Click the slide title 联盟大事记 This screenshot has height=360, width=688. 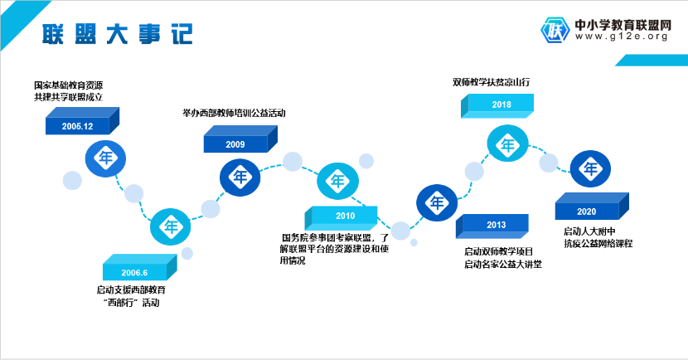pyautogui.click(x=117, y=34)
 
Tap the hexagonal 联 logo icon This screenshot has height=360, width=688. pyautogui.click(x=555, y=31)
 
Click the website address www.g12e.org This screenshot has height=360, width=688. pyautogui.click(x=622, y=36)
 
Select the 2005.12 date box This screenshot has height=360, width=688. pyautogui.click(x=83, y=121)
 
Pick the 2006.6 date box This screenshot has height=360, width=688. pyautogui.click(x=139, y=267)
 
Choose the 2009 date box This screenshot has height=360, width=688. pyautogui.click(x=240, y=139)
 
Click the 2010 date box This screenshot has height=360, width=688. pyautogui.click(x=341, y=218)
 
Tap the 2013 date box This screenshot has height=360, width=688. pyautogui.click(x=492, y=226)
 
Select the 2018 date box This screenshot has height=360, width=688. pyautogui.click(x=497, y=106)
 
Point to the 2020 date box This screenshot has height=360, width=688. pyautogui.click(x=592, y=206)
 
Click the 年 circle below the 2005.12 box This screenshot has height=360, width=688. pyautogui.click(x=105, y=158)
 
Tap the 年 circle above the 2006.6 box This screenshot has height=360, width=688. pyautogui.click(x=170, y=226)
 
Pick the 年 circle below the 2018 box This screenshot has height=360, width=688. pyautogui.click(x=507, y=144)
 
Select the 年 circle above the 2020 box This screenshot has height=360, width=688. pyautogui.click(x=590, y=168)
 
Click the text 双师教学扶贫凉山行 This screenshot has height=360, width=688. pyautogui.click(x=491, y=82)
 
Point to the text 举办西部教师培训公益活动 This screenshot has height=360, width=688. pyautogui.click(x=234, y=114)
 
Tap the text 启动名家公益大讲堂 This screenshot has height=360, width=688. pyautogui.click(x=503, y=265)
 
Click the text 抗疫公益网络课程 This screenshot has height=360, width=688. pyautogui.click(x=598, y=243)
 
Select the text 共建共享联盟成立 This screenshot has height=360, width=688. pyautogui.click(x=69, y=97)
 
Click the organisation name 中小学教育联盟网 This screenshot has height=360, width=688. pyautogui.click(x=623, y=25)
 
